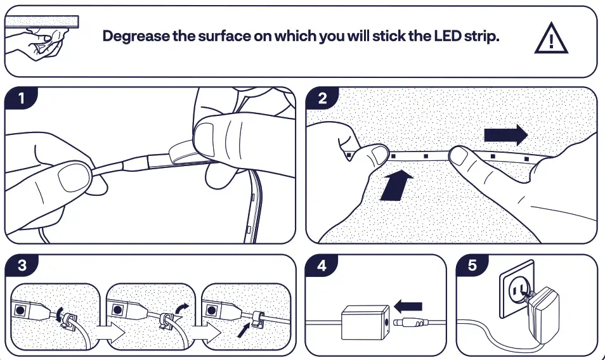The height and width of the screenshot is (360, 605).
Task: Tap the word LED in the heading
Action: pyautogui.click(x=448, y=35)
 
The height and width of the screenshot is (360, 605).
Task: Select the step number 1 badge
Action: pyautogui.click(x=22, y=99)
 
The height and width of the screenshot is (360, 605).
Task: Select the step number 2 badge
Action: pyautogui.click(x=322, y=99)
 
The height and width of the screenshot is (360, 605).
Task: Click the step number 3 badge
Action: pyautogui.click(x=22, y=266)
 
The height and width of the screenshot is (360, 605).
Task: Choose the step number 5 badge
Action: pyautogui.click(x=472, y=266)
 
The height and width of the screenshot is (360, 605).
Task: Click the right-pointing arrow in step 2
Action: pyautogui.click(x=505, y=135)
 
